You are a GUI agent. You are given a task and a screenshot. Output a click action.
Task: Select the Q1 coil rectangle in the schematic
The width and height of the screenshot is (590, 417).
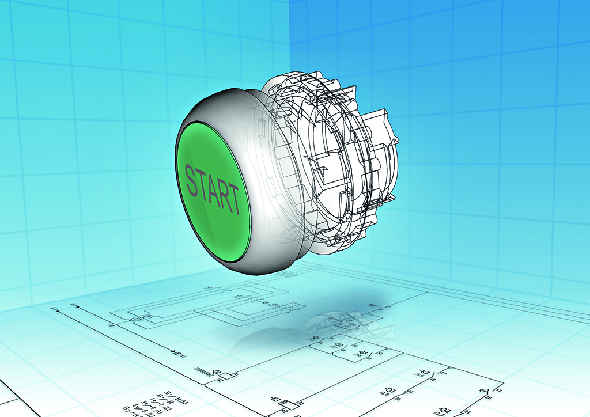tap(226, 376)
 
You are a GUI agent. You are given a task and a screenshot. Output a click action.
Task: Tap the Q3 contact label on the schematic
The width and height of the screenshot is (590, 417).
tap(363, 352)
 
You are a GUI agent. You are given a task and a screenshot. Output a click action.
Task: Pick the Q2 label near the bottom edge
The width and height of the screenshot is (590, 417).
tap(444, 409)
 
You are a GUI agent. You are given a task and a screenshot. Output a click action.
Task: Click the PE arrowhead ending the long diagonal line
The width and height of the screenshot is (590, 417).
tap(173, 350)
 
